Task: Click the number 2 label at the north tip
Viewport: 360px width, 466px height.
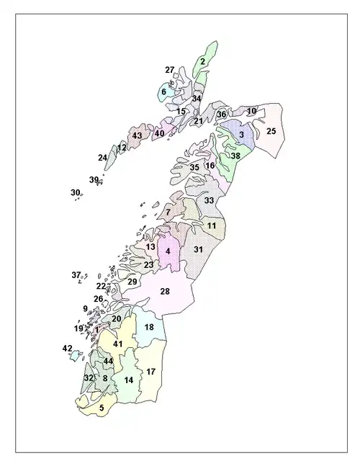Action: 203,62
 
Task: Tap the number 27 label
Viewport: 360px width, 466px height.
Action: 170,70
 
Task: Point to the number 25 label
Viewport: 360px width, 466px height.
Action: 271,132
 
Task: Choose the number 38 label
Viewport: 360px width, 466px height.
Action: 235,156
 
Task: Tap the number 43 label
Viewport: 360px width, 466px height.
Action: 137,136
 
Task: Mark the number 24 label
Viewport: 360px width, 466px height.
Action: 103,158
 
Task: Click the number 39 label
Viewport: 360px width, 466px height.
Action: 94,179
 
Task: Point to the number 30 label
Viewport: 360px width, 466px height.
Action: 75,192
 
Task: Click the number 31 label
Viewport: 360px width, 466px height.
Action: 199,249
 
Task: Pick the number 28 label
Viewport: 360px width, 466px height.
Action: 165,291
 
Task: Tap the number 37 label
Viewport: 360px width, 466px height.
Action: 76,274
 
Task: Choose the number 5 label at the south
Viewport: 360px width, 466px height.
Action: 102,408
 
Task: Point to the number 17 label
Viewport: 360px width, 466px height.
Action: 151,372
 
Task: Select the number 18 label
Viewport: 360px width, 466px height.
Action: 149,327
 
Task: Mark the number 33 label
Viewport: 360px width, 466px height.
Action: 209,200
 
